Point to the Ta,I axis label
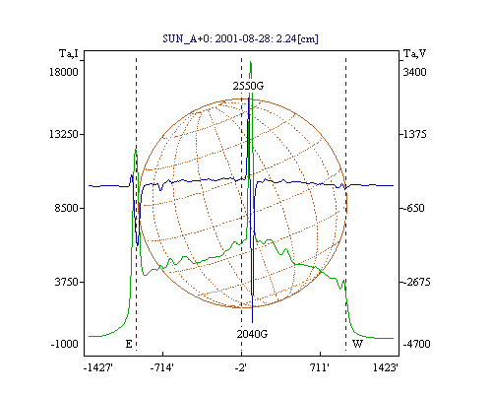click(69, 53)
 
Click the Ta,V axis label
click(415, 53)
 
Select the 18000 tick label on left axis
click(64, 72)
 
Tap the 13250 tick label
click(64, 134)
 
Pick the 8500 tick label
click(66, 208)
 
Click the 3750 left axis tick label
click(66, 282)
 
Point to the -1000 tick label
click(64, 344)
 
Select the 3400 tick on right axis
click(414, 72)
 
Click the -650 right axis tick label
click(414, 208)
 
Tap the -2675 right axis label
click(416, 282)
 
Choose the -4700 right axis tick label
click(416, 344)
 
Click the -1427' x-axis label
click(98, 367)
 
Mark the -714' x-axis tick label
click(162, 367)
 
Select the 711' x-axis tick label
click(319, 367)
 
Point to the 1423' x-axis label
click(386, 367)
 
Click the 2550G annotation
click(248, 86)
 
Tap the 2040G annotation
click(252, 334)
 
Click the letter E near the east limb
click(129, 344)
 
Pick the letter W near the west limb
click(357, 344)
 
